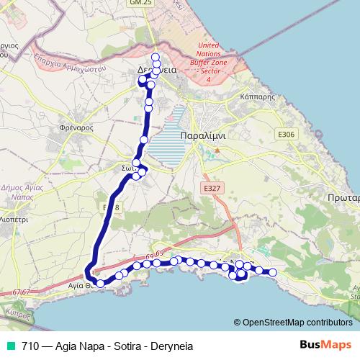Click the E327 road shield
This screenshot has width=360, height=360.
click(211, 187)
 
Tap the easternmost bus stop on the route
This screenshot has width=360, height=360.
click(273, 271)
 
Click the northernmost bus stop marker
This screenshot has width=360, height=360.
click(156, 58)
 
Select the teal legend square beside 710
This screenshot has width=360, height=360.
click(12, 346)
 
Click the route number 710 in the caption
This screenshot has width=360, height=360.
click(30, 346)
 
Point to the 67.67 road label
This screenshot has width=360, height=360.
click(22, 292)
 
